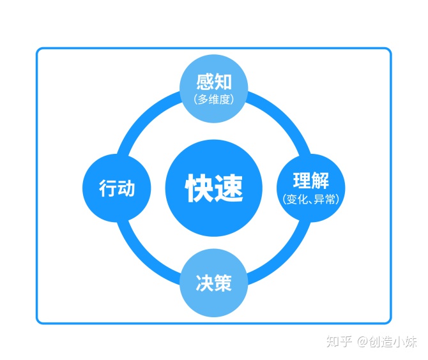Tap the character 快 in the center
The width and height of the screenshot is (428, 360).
pyautogui.click(x=199, y=188)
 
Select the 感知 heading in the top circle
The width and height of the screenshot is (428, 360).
pyautogui.click(x=213, y=83)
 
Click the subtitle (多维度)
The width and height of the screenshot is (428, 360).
pyautogui.click(x=213, y=99)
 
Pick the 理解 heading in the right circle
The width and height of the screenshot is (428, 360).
pyautogui.click(x=310, y=180)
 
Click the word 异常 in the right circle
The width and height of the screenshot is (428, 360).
pyautogui.click(x=324, y=199)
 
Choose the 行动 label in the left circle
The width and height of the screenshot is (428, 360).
pyautogui.click(x=117, y=188)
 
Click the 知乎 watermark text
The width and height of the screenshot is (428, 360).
pyautogui.click(x=339, y=341)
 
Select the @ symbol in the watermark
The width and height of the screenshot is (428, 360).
pyautogui.click(x=362, y=342)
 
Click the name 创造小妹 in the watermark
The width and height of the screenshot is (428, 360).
pyautogui.click(x=393, y=341)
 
